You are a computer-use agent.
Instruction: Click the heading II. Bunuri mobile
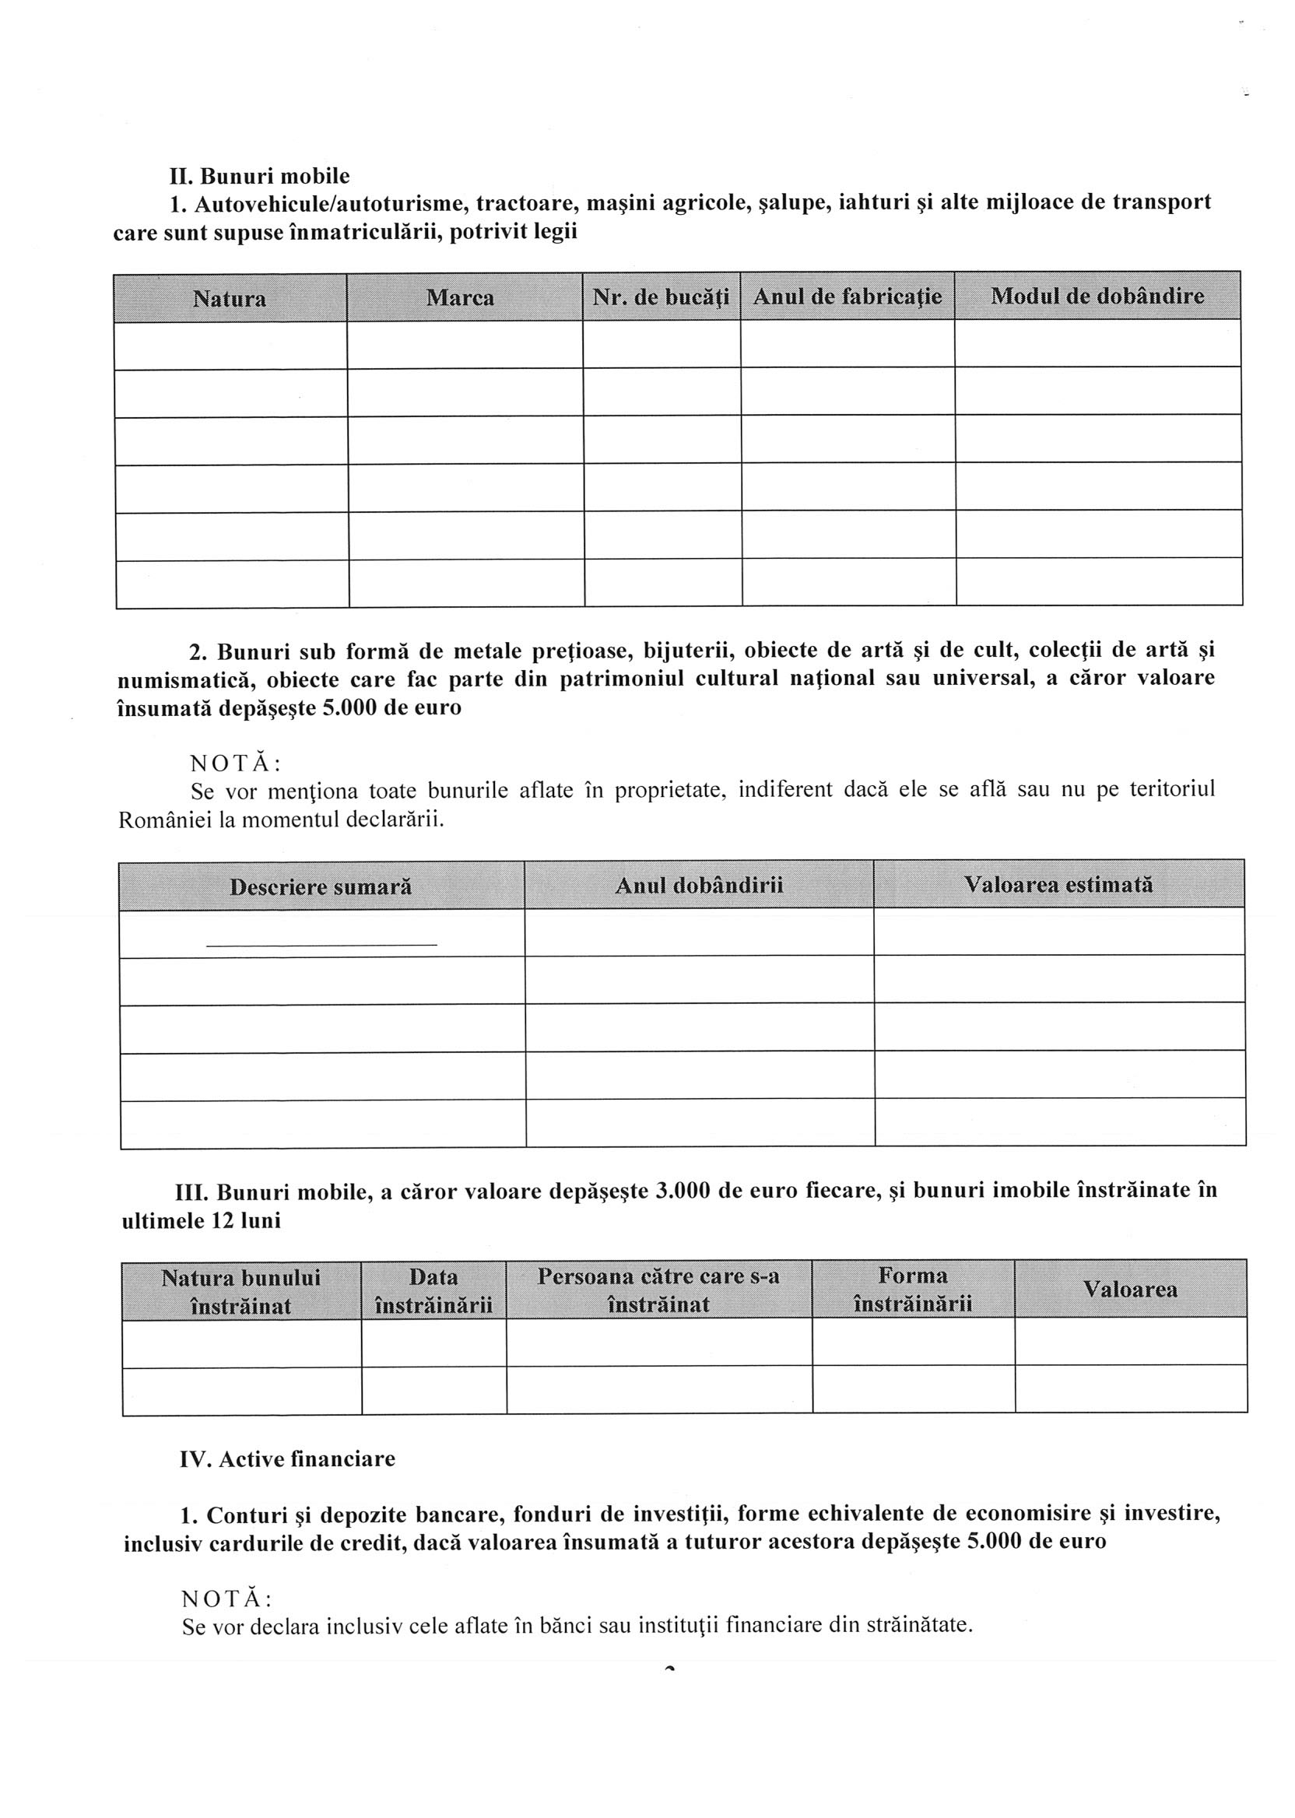click(259, 175)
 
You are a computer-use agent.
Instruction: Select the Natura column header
click(230, 299)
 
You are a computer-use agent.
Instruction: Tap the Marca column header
click(460, 298)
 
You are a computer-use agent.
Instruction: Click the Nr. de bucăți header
click(661, 297)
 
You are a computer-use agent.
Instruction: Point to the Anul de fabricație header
click(848, 297)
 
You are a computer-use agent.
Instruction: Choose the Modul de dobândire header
click(1097, 296)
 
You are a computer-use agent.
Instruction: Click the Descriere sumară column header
click(321, 886)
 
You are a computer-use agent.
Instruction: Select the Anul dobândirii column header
click(699, 885)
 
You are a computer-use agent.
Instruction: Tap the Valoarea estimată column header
click(1058, 884)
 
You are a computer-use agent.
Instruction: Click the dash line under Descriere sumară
click(321, 945)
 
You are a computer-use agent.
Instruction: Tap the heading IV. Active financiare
click(287, 1459)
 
